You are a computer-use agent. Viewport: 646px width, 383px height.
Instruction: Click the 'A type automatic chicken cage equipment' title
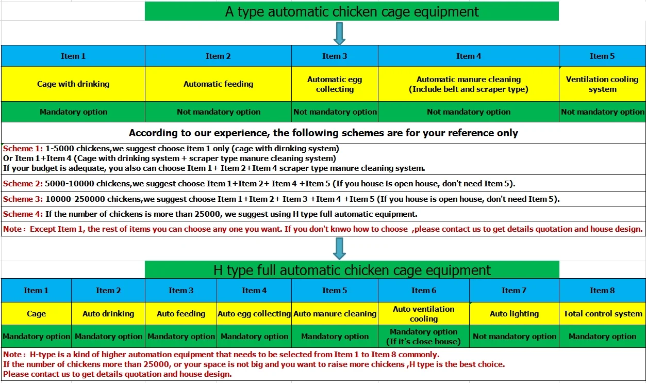pyautogui.click(x=352, y=11)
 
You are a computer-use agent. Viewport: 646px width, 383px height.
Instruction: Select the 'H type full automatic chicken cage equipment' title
pyautogui.click(x=352, y=270)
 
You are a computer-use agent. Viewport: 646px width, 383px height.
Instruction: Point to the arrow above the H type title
pyautogui.click(x=339, y=248)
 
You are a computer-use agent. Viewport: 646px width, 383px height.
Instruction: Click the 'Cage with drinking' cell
pyautogui.click(x=73, y=84)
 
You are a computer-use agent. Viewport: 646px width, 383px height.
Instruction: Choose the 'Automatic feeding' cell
pyautogui.click(x=218, y=84)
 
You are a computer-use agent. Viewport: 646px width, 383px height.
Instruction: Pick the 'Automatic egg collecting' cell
pyautogui.click(x=335, y=84)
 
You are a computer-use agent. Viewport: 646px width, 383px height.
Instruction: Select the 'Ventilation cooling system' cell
pyautogui.click(x=602, y=84)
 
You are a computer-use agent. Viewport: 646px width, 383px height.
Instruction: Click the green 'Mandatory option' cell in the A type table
pyautogui.click(x=73, y=112)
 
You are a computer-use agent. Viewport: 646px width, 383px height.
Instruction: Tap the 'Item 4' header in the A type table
pyautogui.click(x=469, y=56)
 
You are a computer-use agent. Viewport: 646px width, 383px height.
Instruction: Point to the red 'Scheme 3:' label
pyautogui.click(x=23, y=199)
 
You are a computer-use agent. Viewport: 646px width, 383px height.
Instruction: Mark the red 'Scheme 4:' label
pyautogui.click(x=23, y=214)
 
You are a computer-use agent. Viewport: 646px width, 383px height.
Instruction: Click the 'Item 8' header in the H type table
pyautogui.click(x=602, y=291)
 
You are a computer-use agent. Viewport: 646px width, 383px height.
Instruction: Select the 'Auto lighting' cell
pyautogui.click(x=514, y=314)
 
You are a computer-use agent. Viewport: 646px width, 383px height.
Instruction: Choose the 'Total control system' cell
pyautogui.click(x=602, y=314)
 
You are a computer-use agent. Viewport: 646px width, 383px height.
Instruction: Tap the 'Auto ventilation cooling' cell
pyautogui.click(x=423, y=314)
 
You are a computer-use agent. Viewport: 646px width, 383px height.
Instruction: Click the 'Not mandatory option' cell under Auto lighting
pyautogui.click(x=514, y=337)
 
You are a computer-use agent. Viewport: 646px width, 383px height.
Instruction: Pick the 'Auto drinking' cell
pyautogui.click(x=108, y=314)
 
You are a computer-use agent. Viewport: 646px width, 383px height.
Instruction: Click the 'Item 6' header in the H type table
pyautogui.click(x=423, y=291)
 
